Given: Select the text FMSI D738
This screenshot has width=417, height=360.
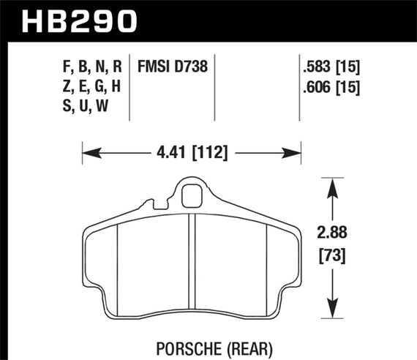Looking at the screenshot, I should pos(173,67).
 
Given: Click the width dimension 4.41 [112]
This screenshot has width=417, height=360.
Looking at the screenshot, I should pos(192,153).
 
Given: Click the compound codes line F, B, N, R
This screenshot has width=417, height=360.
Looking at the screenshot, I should pos(91,67).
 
